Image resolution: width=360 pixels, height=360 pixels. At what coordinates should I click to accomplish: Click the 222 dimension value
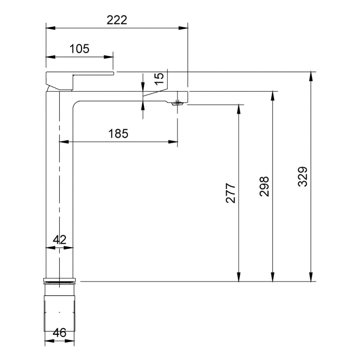(117, 20)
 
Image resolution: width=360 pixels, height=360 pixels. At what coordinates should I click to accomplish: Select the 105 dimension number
(80, 49)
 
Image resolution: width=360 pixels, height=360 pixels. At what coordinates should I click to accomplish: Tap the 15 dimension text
(159, 79)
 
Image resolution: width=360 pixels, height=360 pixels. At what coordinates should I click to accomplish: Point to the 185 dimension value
(118, 133)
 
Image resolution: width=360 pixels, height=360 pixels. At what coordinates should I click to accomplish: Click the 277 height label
(231, 193)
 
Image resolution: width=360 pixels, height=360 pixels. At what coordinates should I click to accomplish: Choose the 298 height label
(264, 186)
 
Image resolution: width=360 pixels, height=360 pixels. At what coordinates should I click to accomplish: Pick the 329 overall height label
(302, 176)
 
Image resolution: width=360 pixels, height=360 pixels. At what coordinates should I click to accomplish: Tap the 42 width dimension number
(59, 240)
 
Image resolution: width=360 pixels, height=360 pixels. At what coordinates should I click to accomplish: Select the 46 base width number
(59, 333)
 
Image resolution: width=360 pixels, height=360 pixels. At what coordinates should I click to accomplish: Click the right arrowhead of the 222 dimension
(184, 28)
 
